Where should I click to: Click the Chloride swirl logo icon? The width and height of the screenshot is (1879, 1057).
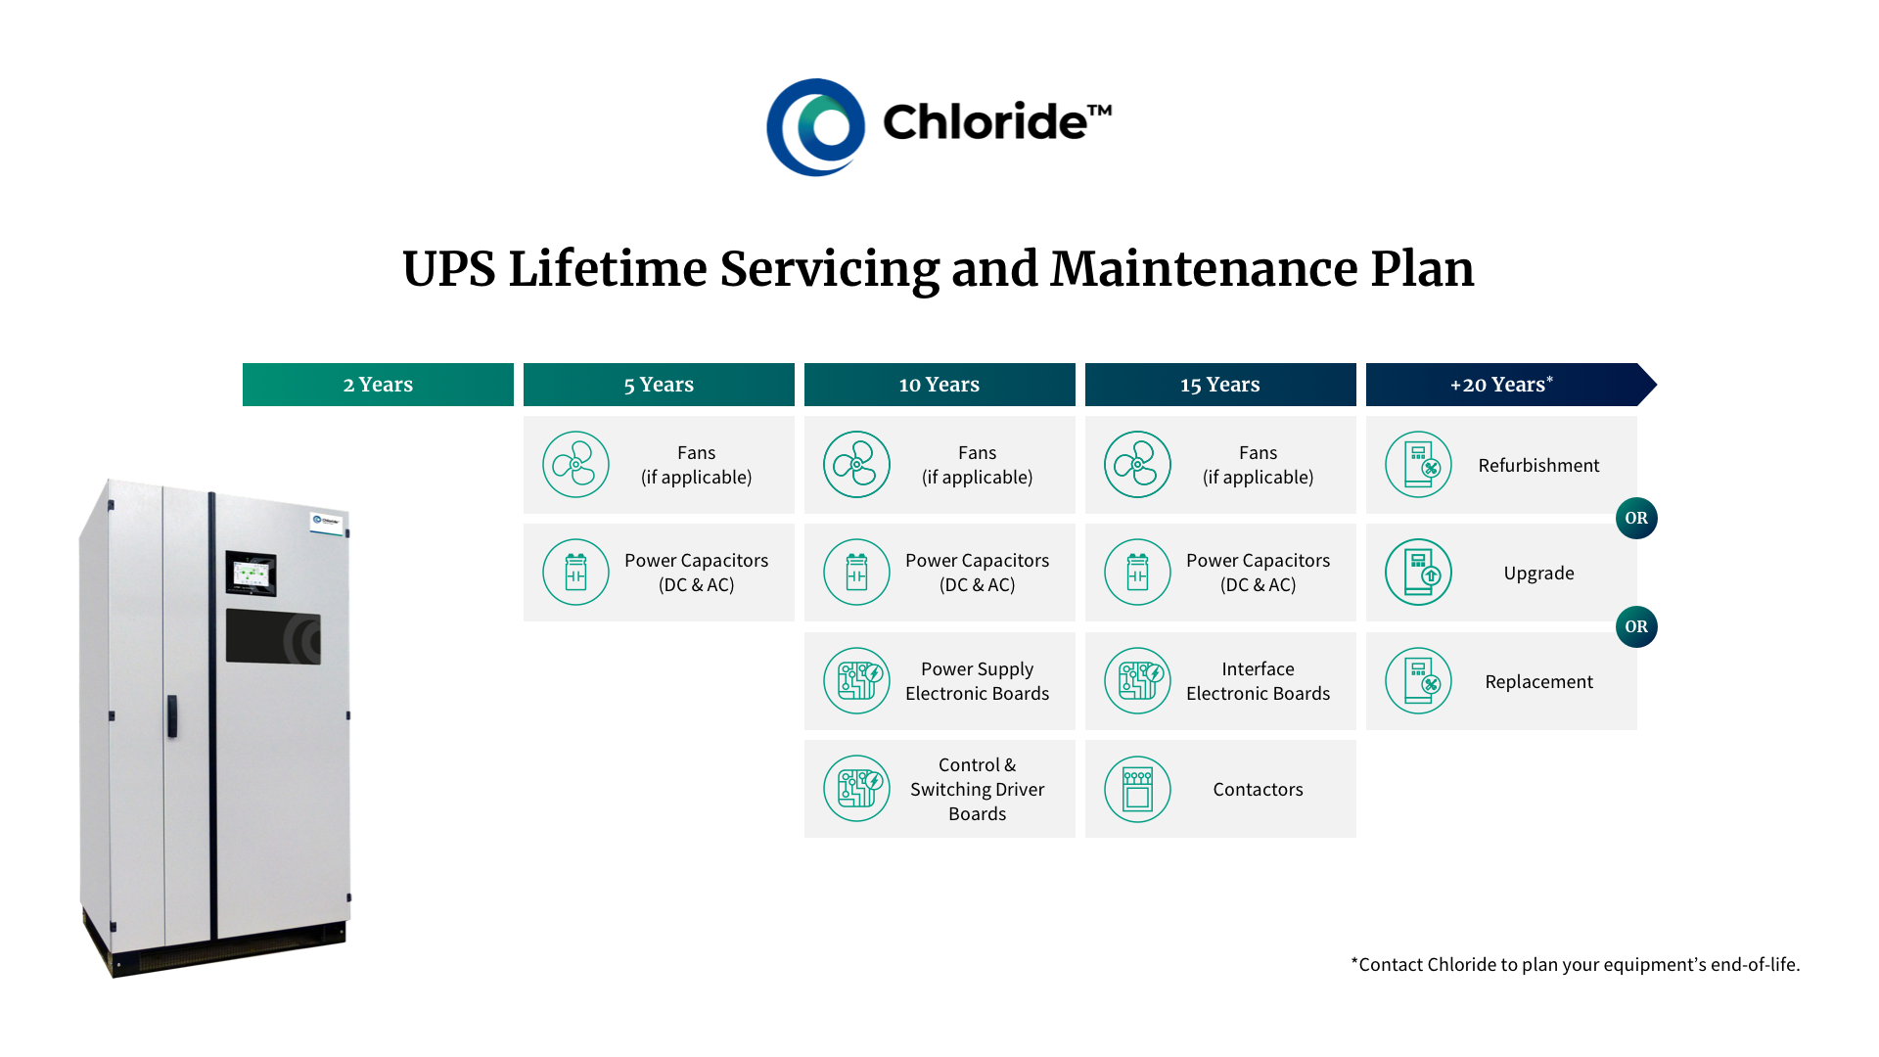tap(815, 127)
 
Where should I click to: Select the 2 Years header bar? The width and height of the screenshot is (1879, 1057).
tap(378, 385)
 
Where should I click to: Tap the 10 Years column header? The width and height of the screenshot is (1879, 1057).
tap(939, 385)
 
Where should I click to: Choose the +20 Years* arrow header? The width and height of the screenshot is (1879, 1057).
tap(1502, 385)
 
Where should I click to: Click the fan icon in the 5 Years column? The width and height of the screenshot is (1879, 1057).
tap(575, 465)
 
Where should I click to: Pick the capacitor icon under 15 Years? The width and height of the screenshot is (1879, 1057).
tap(1137, 573)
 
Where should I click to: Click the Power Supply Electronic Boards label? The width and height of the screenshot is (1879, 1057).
tap(977, 681)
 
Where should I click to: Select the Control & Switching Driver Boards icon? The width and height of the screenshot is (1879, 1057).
tap(856, 789)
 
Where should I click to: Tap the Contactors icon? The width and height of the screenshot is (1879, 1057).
tap(1137, 789)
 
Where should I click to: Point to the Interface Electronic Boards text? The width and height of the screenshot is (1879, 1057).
tap(1258, 681)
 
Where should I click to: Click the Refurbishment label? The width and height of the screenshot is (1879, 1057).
tap(1538, 466)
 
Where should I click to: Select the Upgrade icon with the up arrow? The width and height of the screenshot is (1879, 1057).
tap(1418, 573)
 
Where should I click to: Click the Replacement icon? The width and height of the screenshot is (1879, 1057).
tap(1418, 681)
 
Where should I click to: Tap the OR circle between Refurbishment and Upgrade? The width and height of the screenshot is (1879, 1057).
tap(1636, 518)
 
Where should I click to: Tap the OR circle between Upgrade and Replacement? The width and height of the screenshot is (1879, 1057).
tap(1636, 626)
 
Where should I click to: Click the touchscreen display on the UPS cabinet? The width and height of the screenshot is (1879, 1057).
tap(252, 574)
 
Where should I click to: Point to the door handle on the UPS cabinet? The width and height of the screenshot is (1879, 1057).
tap(172, 715)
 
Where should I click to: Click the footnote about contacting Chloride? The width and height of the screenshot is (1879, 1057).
tap(1575, 964)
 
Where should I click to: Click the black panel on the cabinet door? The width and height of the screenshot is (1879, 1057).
tap(273, 637)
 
